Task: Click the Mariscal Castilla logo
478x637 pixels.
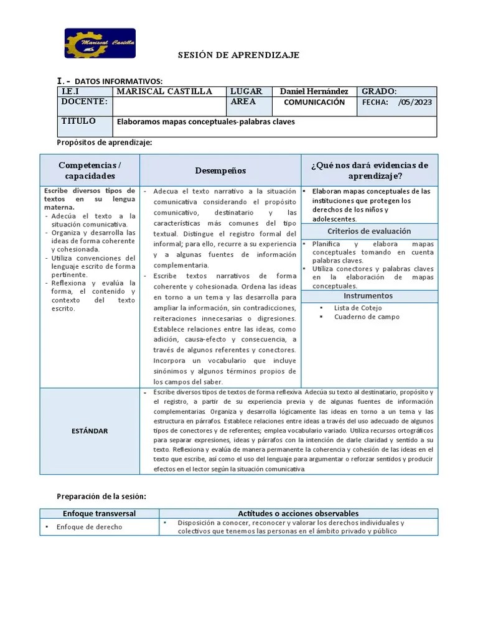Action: point(99,43)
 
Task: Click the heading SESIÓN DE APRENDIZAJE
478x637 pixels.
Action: point(240,55)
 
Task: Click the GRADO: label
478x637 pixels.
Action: point(378,91)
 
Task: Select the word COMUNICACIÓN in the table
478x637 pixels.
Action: point(314,103)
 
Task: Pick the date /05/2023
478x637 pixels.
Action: point(415,103)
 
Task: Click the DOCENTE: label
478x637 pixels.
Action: point(84,102)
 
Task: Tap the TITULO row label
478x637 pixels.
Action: point(78,121)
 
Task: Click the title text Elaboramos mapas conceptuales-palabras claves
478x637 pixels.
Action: point(205,122)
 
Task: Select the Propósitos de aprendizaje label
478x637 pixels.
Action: point(104,142)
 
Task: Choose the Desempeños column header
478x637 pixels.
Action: point(220,170)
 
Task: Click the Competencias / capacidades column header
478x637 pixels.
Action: point(90,170)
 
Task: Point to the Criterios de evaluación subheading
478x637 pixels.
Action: point(369,231)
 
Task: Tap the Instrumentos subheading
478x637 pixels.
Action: point(368,296)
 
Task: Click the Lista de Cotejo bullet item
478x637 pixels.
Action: point(358,308)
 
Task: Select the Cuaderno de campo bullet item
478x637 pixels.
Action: point(367,317)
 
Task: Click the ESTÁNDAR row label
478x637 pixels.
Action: point(90,430)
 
